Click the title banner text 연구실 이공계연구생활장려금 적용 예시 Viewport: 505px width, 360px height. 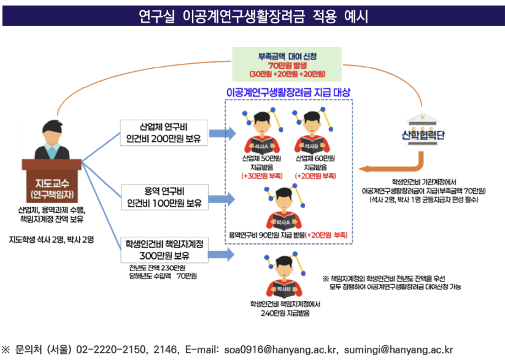253,16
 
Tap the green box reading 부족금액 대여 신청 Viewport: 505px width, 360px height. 287,65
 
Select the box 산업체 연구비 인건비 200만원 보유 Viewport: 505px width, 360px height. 164,132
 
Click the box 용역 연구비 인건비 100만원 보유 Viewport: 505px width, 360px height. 164,197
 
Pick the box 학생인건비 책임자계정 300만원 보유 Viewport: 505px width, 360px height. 164,250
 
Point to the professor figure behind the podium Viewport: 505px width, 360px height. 52,140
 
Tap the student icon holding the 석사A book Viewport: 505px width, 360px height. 262,131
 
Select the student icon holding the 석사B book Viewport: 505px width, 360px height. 312,131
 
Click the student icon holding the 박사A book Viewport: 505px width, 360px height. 283,208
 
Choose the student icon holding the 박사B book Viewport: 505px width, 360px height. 283,275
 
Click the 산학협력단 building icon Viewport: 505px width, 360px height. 422,129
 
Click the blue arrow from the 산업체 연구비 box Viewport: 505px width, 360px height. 223,133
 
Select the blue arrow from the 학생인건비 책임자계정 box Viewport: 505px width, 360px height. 222,255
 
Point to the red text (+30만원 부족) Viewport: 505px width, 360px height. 262,176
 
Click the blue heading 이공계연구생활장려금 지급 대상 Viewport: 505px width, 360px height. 288,93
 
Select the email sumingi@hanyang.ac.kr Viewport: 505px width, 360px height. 398,350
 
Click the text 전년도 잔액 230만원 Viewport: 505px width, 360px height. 157,268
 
